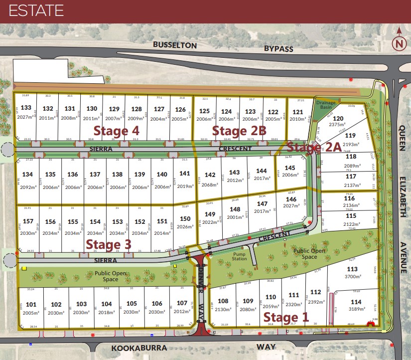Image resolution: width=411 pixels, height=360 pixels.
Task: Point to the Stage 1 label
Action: (x=286, y=317)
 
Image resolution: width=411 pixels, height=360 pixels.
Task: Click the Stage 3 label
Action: (x=109, y=244)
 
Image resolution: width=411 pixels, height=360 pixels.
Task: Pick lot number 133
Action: (x=26, y=108)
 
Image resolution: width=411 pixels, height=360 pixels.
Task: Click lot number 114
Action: (x=356, y=302)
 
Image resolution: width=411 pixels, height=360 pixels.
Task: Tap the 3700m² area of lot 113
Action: (x=352, y=277)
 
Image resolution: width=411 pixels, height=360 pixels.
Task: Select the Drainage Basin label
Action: (x=326, y=105)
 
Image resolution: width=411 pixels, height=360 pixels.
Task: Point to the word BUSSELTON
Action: (x=175, y=45)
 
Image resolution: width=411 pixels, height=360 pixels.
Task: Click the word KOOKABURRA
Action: (x=132, y=348)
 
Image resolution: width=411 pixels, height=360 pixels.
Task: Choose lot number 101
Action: (x=31, y=304)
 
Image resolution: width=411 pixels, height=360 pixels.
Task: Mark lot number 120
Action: (x=338, y=118)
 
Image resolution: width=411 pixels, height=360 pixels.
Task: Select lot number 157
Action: (x=28, y=221)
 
